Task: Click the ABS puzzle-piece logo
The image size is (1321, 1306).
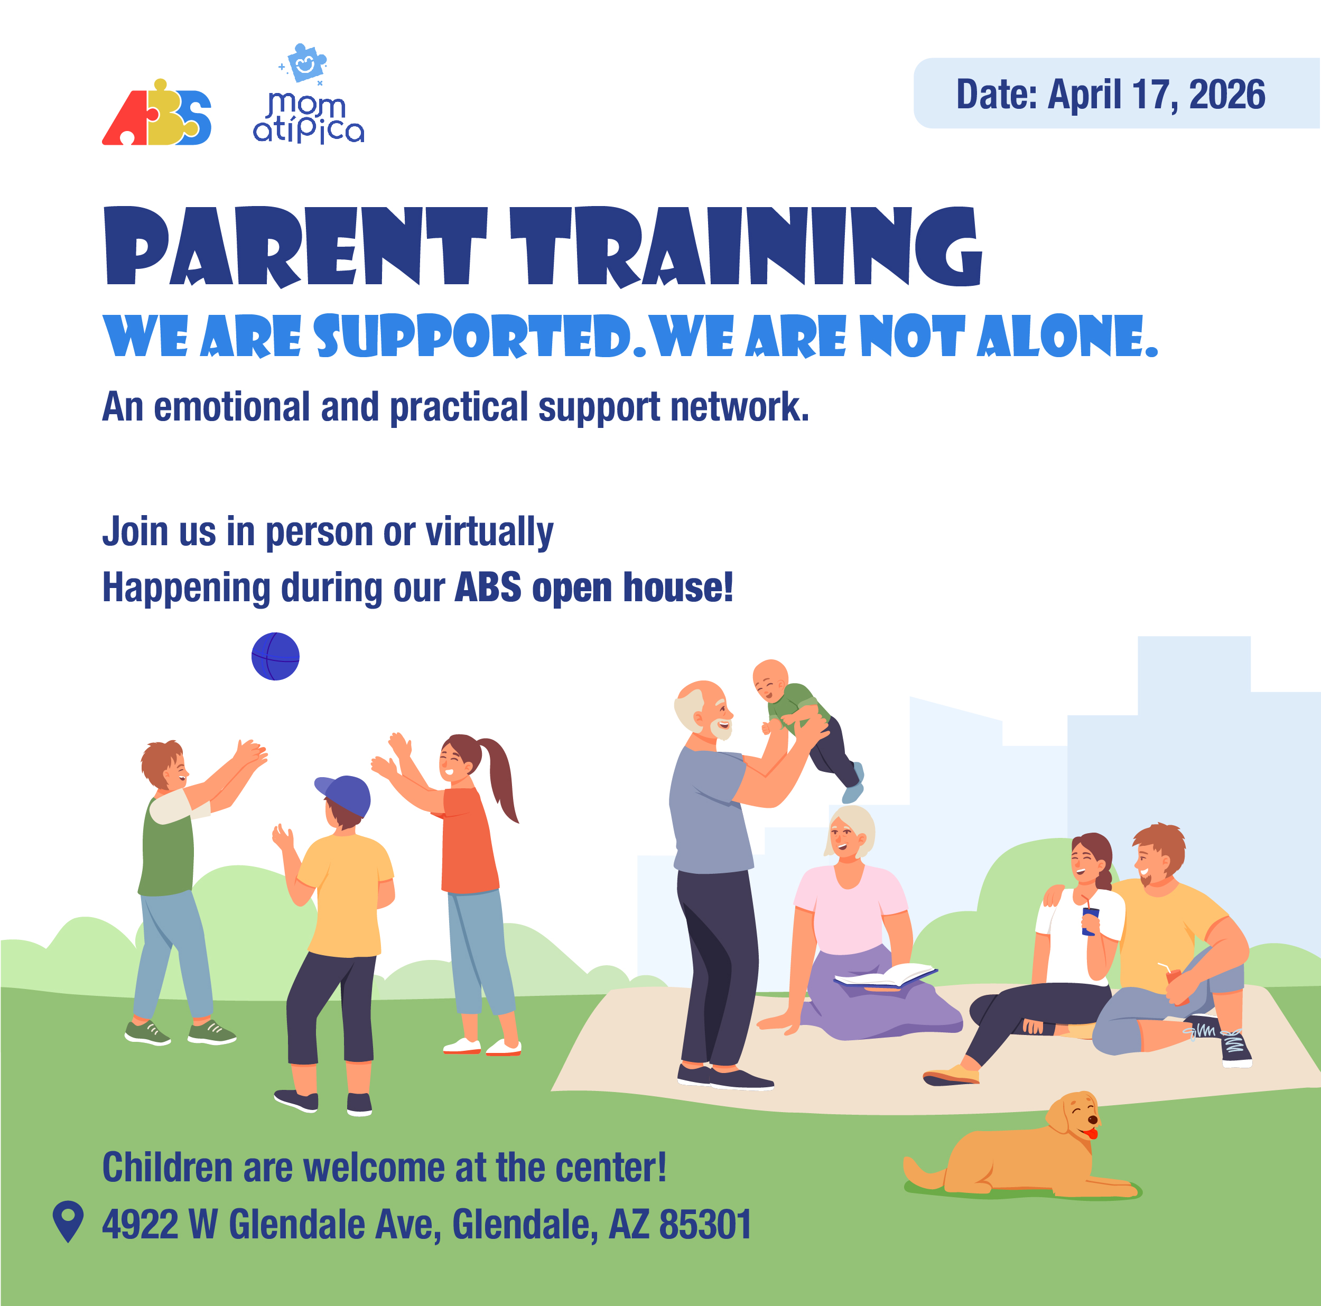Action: pos(156,113)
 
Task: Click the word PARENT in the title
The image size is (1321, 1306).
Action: pos(296,246)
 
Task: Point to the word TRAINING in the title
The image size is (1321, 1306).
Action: pos(747,246)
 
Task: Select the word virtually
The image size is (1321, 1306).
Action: pos(490,533)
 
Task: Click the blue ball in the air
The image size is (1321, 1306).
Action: pos(275,656)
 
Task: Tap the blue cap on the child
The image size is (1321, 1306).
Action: pos(344,795)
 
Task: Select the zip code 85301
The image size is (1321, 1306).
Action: pos(705,1225)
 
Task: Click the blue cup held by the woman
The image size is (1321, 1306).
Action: pos(1090,921)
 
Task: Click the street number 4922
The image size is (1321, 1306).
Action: pos(140,1225)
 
